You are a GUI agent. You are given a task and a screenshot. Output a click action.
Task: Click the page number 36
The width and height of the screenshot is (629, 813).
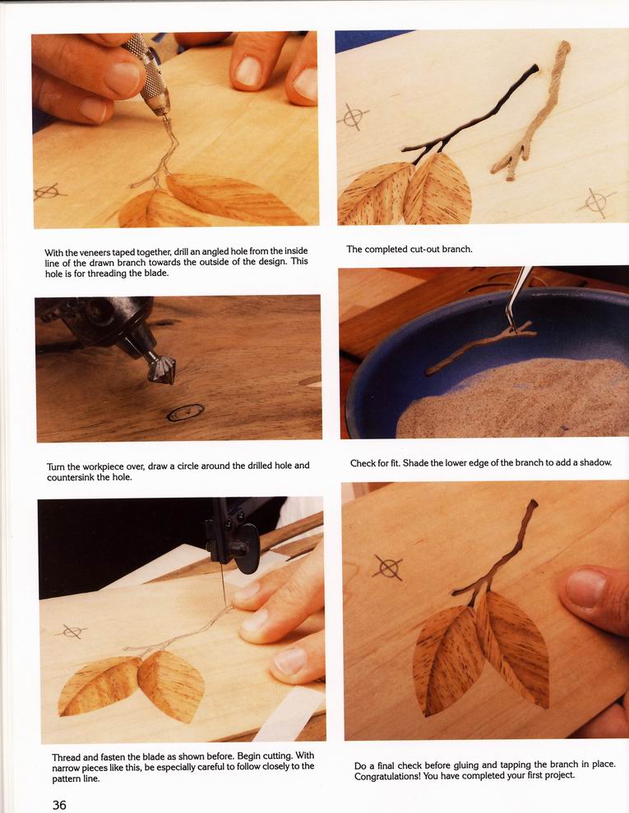(x=59, y=804)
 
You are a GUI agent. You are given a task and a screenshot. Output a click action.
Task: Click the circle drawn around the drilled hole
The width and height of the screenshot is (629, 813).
(x=186, y=412)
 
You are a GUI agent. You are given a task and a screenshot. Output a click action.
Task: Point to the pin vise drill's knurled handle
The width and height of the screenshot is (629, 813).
(x=147, y=71)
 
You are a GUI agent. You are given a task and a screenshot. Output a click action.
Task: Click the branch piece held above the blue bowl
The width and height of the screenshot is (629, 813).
(x=480, y=348)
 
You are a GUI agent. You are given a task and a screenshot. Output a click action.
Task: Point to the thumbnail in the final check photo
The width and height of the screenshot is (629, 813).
(x=586, y=589)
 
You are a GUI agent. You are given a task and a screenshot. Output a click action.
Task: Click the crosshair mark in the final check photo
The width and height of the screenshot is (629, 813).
(x=388, y=567)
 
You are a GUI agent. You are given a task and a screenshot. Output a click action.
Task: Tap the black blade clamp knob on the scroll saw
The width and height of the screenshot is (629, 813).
(x=245, y=548)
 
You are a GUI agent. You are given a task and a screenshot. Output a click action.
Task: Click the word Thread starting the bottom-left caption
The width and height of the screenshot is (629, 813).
(x=67, y=757)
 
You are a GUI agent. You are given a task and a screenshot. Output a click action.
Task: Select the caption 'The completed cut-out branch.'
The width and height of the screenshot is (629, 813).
(x=409, y=249)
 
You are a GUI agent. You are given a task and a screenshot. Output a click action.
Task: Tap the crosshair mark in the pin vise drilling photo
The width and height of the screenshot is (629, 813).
(x=50, y=192)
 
